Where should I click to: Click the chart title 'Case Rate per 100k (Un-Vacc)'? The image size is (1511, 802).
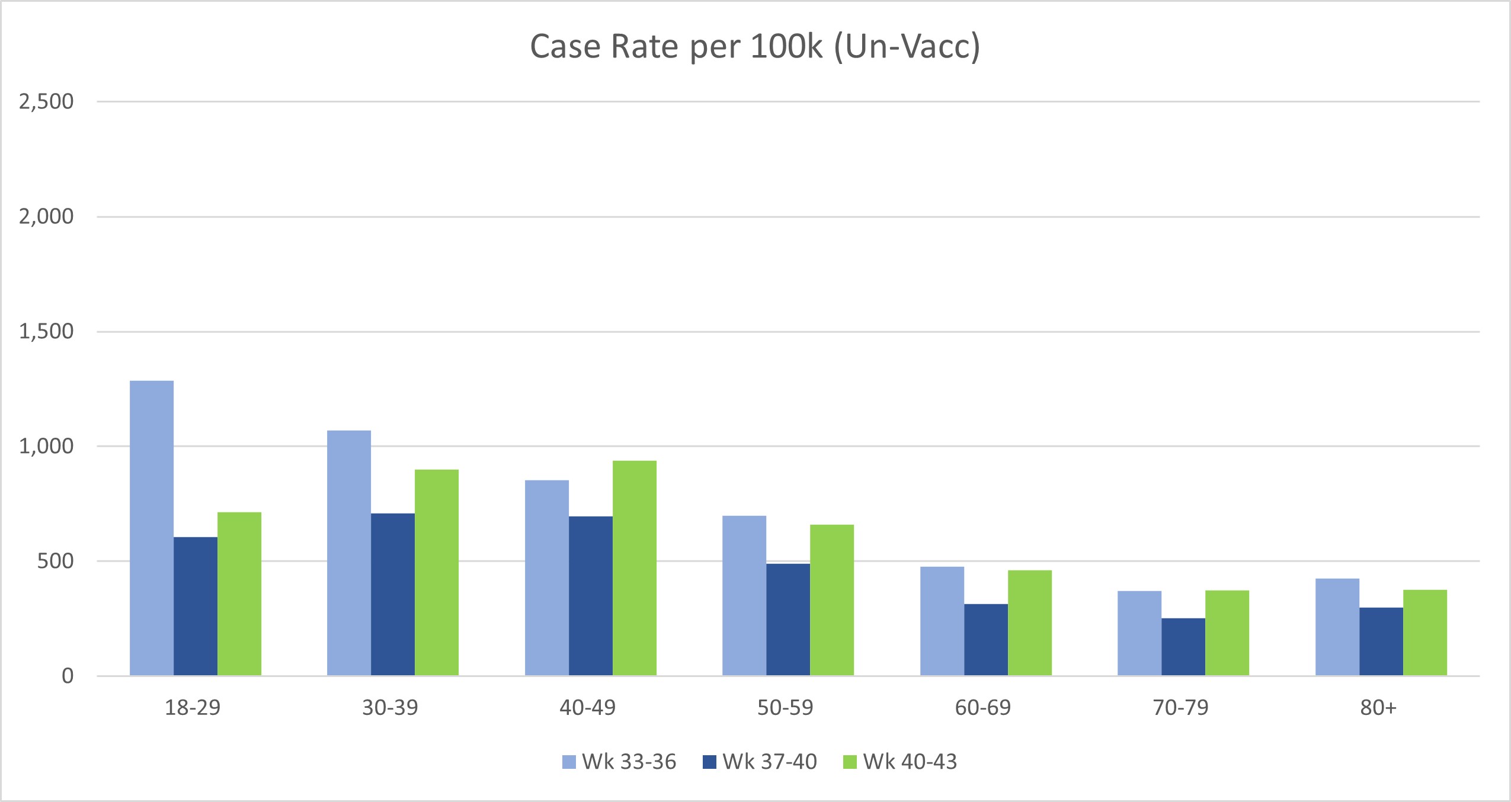tap(754, 46)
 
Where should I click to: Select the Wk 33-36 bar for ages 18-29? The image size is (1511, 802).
tap(152, 527)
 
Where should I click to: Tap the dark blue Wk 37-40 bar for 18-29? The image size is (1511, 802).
tap(196, 605)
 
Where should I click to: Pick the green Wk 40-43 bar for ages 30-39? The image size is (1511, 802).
tap(437, 572)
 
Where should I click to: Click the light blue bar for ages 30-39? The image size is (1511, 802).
tap(349, 552)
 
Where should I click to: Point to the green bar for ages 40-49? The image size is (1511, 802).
tap(635, 567)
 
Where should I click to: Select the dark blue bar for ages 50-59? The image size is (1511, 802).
tap(788, 619)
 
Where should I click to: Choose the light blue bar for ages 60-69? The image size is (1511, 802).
tap(942, 621)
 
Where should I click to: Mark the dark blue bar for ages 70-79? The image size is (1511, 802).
tap(1183, 646)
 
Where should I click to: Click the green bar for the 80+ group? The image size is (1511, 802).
tap(1425, 632)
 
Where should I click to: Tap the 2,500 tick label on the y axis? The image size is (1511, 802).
tap(46, 101)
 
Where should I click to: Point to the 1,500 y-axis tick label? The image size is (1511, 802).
tap(46, 331)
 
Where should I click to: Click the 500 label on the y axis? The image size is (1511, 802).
tap(55, 560)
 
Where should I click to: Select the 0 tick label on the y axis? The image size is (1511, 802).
tap(68, 675)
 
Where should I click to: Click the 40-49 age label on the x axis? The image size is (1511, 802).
tap(588, 707)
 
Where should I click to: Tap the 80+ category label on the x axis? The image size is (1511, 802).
tap(1378, 707)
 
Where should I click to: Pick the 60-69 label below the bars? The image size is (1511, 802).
tap(983, 707)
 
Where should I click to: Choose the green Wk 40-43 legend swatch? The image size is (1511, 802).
tap(850, 762)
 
